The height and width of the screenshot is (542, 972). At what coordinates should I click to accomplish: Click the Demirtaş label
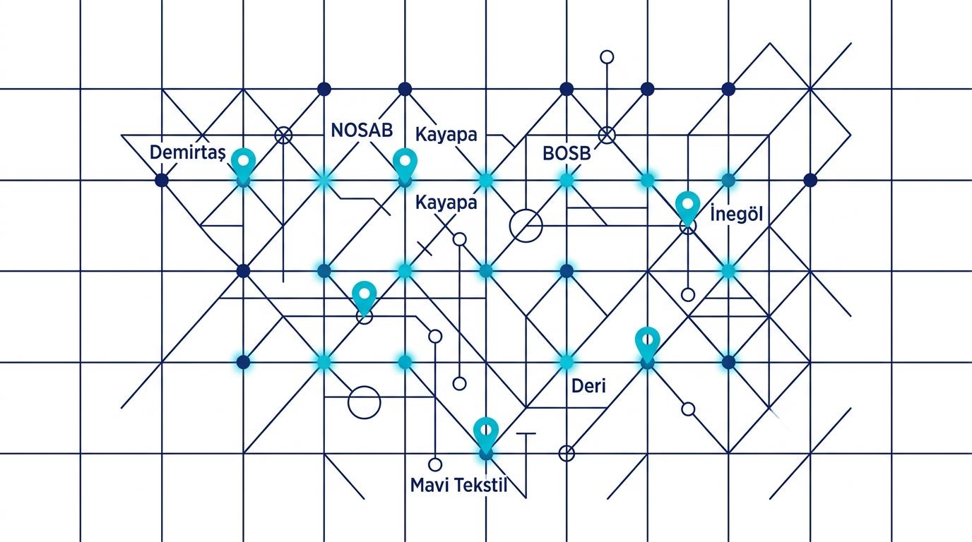(188, 152)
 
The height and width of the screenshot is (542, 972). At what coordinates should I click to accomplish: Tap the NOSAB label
(362, 130)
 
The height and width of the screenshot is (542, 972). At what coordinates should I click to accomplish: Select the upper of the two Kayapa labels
(446, 135)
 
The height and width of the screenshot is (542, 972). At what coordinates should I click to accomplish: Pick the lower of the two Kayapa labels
(446, 203)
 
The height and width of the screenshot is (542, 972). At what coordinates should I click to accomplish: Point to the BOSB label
(567, 153)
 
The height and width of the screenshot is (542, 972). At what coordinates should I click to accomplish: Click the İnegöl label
(736, 215)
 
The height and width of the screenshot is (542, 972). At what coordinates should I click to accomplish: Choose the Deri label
(588, 385)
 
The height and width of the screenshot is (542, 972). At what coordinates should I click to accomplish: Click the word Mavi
(430, 485)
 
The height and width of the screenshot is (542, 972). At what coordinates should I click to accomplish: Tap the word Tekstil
(482, 485)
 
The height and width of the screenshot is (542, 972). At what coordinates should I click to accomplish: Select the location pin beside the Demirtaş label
(244, 164)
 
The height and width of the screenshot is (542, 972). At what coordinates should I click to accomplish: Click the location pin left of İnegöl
(688, 207)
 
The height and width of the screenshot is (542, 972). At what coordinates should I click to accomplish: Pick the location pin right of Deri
(648, 344)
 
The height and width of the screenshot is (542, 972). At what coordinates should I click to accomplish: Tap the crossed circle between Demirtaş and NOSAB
(283, 135)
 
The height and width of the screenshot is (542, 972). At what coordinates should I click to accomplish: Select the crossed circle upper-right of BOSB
(607, 135)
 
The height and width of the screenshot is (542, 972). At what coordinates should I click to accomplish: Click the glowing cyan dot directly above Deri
(567, 361)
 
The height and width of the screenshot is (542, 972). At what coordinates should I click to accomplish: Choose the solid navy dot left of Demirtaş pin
(162, 180)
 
